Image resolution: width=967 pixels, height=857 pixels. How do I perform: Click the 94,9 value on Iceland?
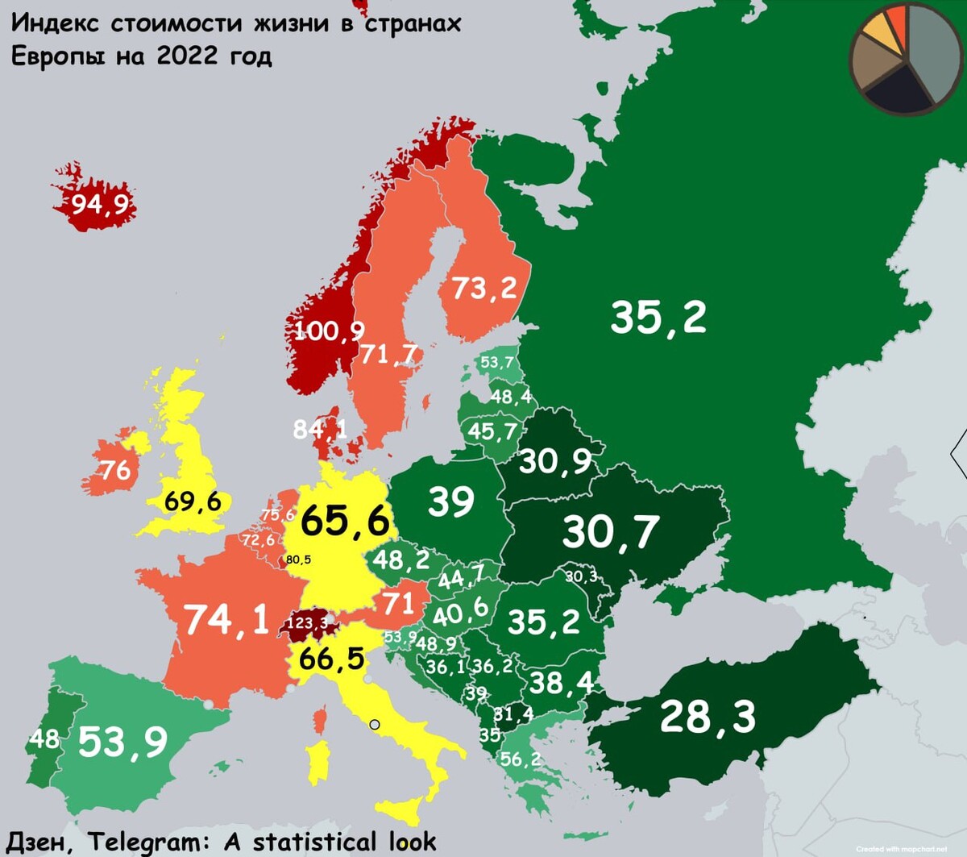[100, 204]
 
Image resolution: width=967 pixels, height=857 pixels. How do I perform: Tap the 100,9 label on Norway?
[329, 331]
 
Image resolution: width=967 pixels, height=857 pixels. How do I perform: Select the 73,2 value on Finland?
[483, 288]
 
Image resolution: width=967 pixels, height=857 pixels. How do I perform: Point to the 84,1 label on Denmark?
[320, 429]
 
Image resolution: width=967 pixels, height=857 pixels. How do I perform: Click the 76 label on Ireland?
[115, 470]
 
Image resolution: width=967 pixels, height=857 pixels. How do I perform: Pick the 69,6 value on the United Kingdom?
[193, 501]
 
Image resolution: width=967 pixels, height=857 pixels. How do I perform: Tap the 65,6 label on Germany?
[345, 521]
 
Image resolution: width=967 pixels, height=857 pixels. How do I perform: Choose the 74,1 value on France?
[227, 620]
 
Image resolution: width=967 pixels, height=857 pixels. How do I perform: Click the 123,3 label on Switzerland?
[307, 623]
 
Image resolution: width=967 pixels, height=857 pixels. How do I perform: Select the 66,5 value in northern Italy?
[331, 659]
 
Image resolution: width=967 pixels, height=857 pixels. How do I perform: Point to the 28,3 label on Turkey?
[708, 717]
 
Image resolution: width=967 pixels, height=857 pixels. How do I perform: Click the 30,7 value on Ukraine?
[610, 532]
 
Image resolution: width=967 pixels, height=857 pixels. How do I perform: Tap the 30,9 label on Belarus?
[554, 462]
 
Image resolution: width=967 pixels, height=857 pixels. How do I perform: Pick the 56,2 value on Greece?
[520, 759]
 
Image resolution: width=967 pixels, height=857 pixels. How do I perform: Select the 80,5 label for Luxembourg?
[298, 560]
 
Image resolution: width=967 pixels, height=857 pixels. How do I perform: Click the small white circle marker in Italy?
[374, 725]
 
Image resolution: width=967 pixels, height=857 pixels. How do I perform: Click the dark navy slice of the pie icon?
[897, 90]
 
